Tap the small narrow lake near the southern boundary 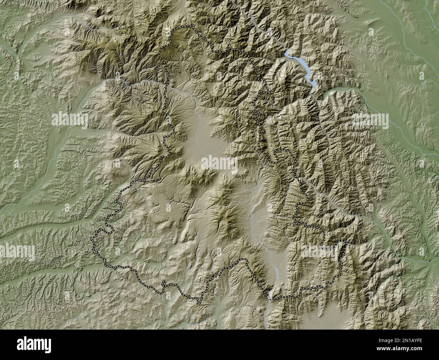[x=276, y=272]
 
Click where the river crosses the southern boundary [x=269, y=297]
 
